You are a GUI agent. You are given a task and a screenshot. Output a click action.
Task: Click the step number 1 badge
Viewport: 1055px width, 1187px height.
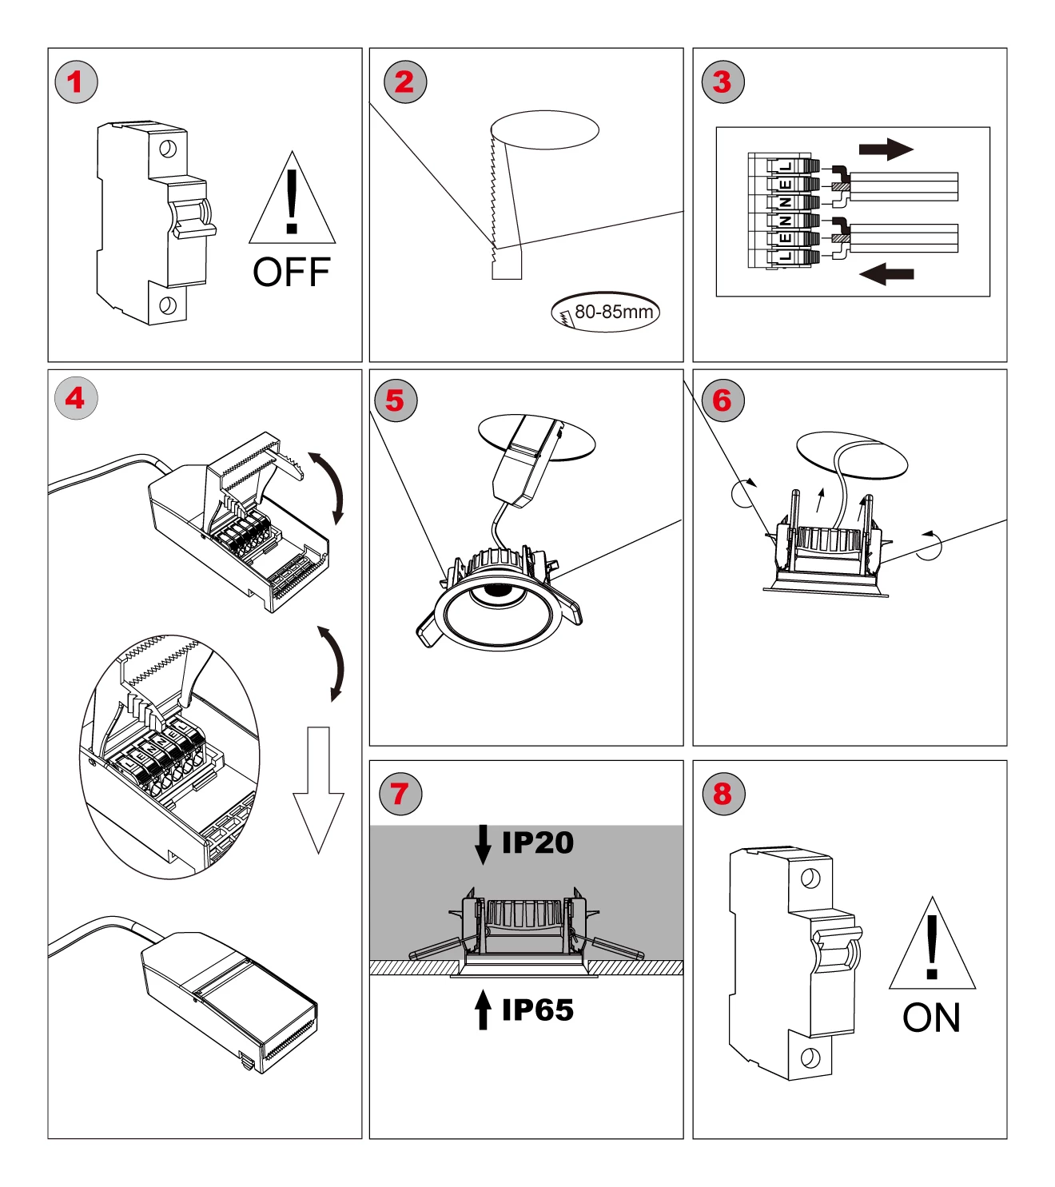point(76,82)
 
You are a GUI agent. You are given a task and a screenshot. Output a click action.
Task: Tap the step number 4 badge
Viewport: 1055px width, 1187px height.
point(76,398)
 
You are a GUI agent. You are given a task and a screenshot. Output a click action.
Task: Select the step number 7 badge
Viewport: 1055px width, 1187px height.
point(400,794)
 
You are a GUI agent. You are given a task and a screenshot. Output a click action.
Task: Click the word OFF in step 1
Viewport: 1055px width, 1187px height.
point(291,273)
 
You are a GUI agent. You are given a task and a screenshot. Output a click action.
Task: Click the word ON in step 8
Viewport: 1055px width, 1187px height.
point(931,1018)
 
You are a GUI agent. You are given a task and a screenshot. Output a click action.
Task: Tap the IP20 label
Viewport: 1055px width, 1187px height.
point(537,842)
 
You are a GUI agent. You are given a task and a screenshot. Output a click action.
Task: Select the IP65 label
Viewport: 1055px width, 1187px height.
point(537,1010)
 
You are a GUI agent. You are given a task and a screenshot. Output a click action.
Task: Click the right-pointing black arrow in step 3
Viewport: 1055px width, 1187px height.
point(886,149)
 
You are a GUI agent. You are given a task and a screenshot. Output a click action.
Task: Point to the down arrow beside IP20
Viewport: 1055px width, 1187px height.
point(483,844)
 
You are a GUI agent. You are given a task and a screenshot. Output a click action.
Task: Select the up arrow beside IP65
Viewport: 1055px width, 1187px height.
point(483,1010)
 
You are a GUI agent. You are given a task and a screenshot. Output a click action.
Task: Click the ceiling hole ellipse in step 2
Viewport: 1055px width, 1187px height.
point(544,129)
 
